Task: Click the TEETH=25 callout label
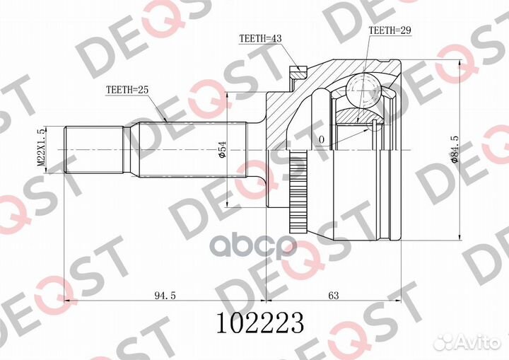pos(127,90)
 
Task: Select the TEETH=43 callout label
pos(260,38)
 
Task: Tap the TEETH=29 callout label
pos(390,30)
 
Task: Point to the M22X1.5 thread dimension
pos(41,148)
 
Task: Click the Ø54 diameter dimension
pos(223,150)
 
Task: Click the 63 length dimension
pos(334,295)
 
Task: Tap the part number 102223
pos(260,323)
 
